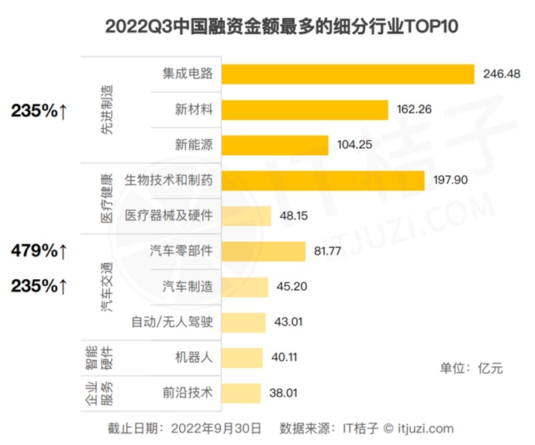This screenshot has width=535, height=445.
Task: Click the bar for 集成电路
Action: (x=347, y=74)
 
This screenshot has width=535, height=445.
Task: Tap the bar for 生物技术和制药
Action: (x=323, y=180)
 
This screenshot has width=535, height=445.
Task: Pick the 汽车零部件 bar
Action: (x=263, y=250)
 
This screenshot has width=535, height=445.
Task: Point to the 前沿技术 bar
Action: (x=241, y=392)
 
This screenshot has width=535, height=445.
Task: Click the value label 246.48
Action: (x=502, y=74)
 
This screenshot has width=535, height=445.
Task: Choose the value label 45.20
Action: (x=292, y=287)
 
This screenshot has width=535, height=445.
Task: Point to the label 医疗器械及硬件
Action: (x=168, y=216)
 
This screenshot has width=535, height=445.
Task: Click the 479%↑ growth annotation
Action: (x=40, y=250)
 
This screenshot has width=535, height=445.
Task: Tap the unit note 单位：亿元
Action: (x=471, y=368)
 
